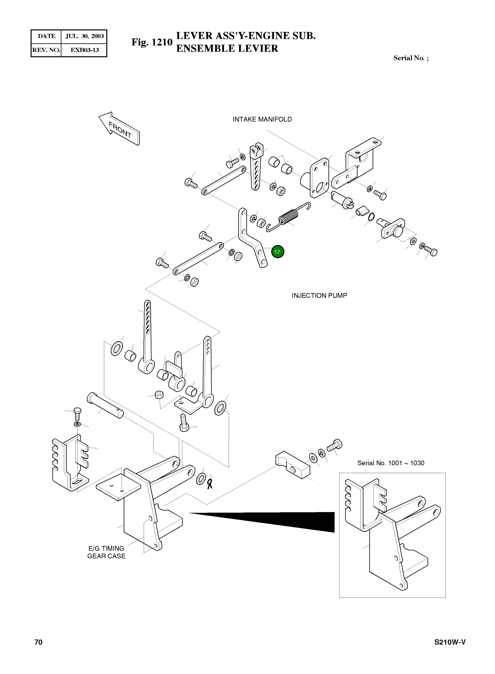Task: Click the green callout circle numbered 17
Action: point(278,252)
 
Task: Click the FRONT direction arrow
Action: point(119,129)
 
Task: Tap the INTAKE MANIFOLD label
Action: point(262,119)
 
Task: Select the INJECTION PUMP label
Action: point(319,295)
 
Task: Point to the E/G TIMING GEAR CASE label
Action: point(106,552)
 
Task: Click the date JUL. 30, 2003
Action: point(85,36)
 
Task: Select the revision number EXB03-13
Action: point(85,50)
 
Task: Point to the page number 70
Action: point(38,650)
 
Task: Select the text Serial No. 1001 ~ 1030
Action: point(391,463)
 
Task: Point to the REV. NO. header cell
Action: point(46,50)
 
